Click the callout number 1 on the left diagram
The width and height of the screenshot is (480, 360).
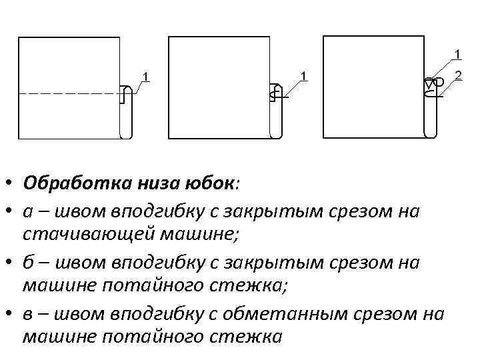[x=146, y=75]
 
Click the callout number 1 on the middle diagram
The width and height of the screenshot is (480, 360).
[x=303, y=75]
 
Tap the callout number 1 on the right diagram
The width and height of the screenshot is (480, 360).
[x=458, y=53]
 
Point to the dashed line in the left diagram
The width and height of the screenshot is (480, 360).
[x=67, y=95]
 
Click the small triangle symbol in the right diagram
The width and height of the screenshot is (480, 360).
[x=429, y=84]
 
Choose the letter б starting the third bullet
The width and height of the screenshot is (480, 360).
[x=27, y=261]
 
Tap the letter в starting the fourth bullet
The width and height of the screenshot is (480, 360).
[x=27, y=313]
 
